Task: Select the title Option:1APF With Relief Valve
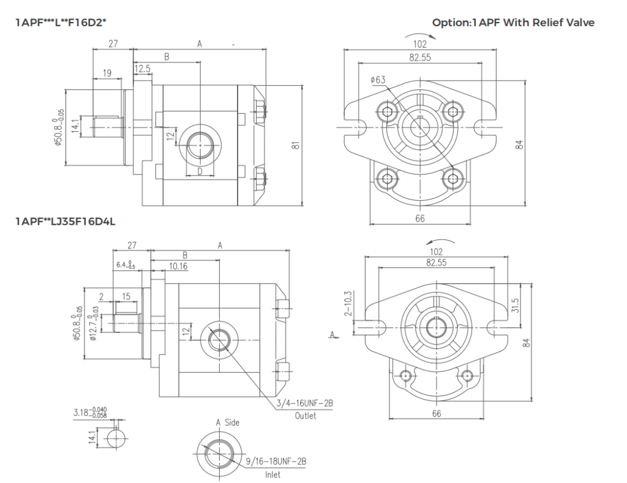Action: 513,23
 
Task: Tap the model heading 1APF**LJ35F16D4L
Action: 66,221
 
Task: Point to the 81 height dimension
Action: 296,146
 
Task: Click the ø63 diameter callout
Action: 378,80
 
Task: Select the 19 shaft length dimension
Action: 107,73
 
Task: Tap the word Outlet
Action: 305,416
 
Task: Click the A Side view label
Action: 227,422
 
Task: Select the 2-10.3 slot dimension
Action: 348,304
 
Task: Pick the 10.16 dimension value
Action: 179,266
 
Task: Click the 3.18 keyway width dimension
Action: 90,414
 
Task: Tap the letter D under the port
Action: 200,171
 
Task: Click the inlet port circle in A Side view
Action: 217,453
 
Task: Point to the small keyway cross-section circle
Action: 117,439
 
